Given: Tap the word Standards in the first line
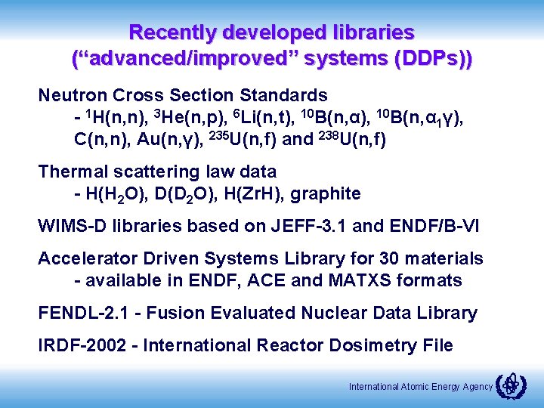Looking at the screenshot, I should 283,95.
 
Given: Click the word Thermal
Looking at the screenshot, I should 70,172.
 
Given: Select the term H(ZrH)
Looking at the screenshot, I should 258,193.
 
